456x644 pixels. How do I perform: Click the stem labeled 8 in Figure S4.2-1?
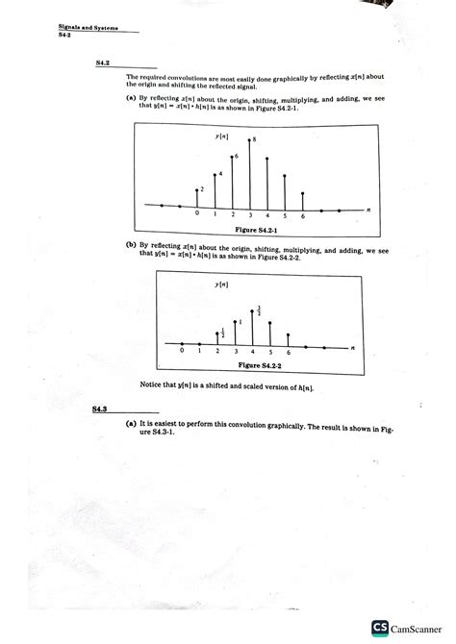click(249, 173)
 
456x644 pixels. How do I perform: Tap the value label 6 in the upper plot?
click(237, 155)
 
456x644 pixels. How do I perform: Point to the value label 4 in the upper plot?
click(220, 173)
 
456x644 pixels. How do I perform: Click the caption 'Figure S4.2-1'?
click(252, 232)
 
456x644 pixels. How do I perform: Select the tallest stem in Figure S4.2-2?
click(252, 327)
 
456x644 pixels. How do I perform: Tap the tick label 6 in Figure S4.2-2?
click(290, 354)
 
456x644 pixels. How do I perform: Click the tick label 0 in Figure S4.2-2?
click(181, 354)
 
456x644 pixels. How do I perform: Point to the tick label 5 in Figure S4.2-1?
click(286, 215)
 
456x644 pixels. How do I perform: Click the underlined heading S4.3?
click(100, 409)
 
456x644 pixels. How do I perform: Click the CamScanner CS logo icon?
click(379, 627)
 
